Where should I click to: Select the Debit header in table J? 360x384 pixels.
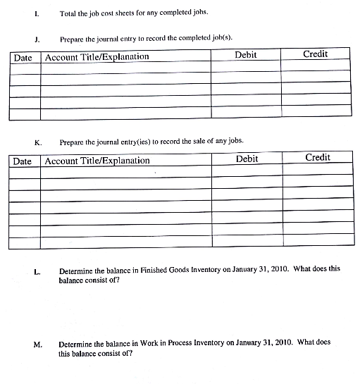pyautogui.click(x=245, y=55)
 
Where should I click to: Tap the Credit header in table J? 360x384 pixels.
pyautogui.click(x=315, y=54)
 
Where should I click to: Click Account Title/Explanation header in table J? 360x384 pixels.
pyautogui.click(x=97, y=56)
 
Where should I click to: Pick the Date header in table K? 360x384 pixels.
pyautogui.click(x=23, y=161)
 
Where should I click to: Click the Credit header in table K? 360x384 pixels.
pyautogui.click(x=318, y=157)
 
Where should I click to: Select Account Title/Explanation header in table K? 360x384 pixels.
pyautogui.click(x=97, y=161)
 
